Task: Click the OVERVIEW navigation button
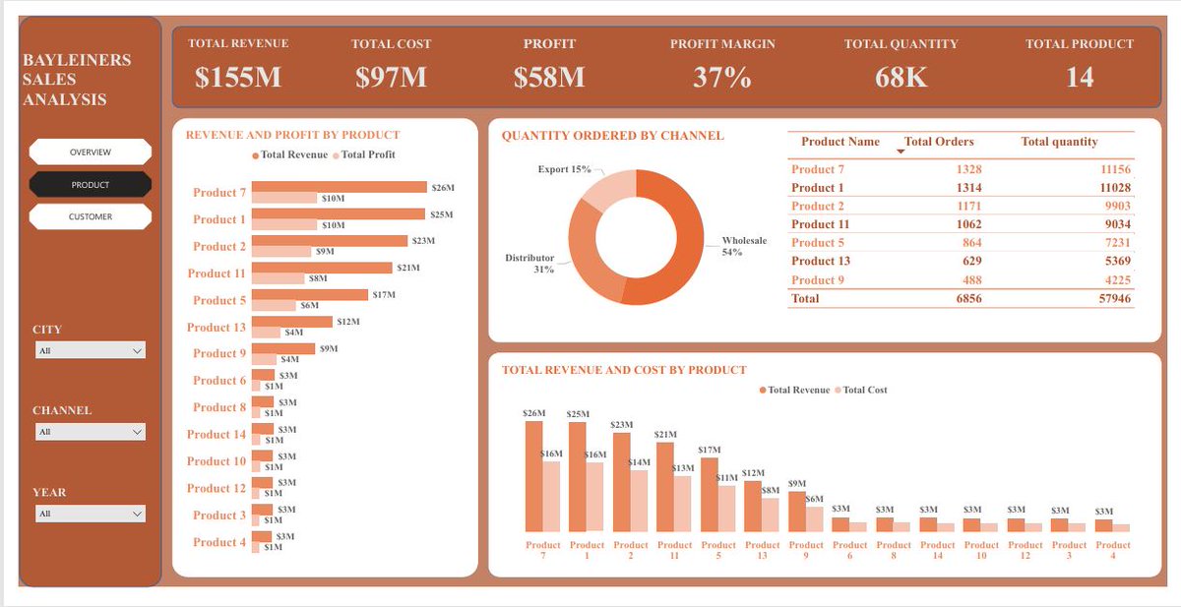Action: point(91,152)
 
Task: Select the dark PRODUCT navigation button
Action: point(91,184)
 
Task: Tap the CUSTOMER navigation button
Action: point(91,216)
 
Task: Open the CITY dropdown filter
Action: point(90,350)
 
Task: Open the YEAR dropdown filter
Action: point(90,514)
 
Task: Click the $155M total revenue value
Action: point(238,78)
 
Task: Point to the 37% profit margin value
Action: point(721,78)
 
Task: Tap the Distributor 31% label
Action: point(530,264)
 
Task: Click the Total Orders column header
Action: point(938,142)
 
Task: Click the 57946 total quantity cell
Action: point(1114,298)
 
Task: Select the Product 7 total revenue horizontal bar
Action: point(339,187)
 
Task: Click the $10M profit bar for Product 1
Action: point(285,225)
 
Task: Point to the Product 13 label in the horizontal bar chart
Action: point(217,327)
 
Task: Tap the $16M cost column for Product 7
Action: point(551,497)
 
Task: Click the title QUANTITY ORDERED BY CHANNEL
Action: point(612,136)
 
